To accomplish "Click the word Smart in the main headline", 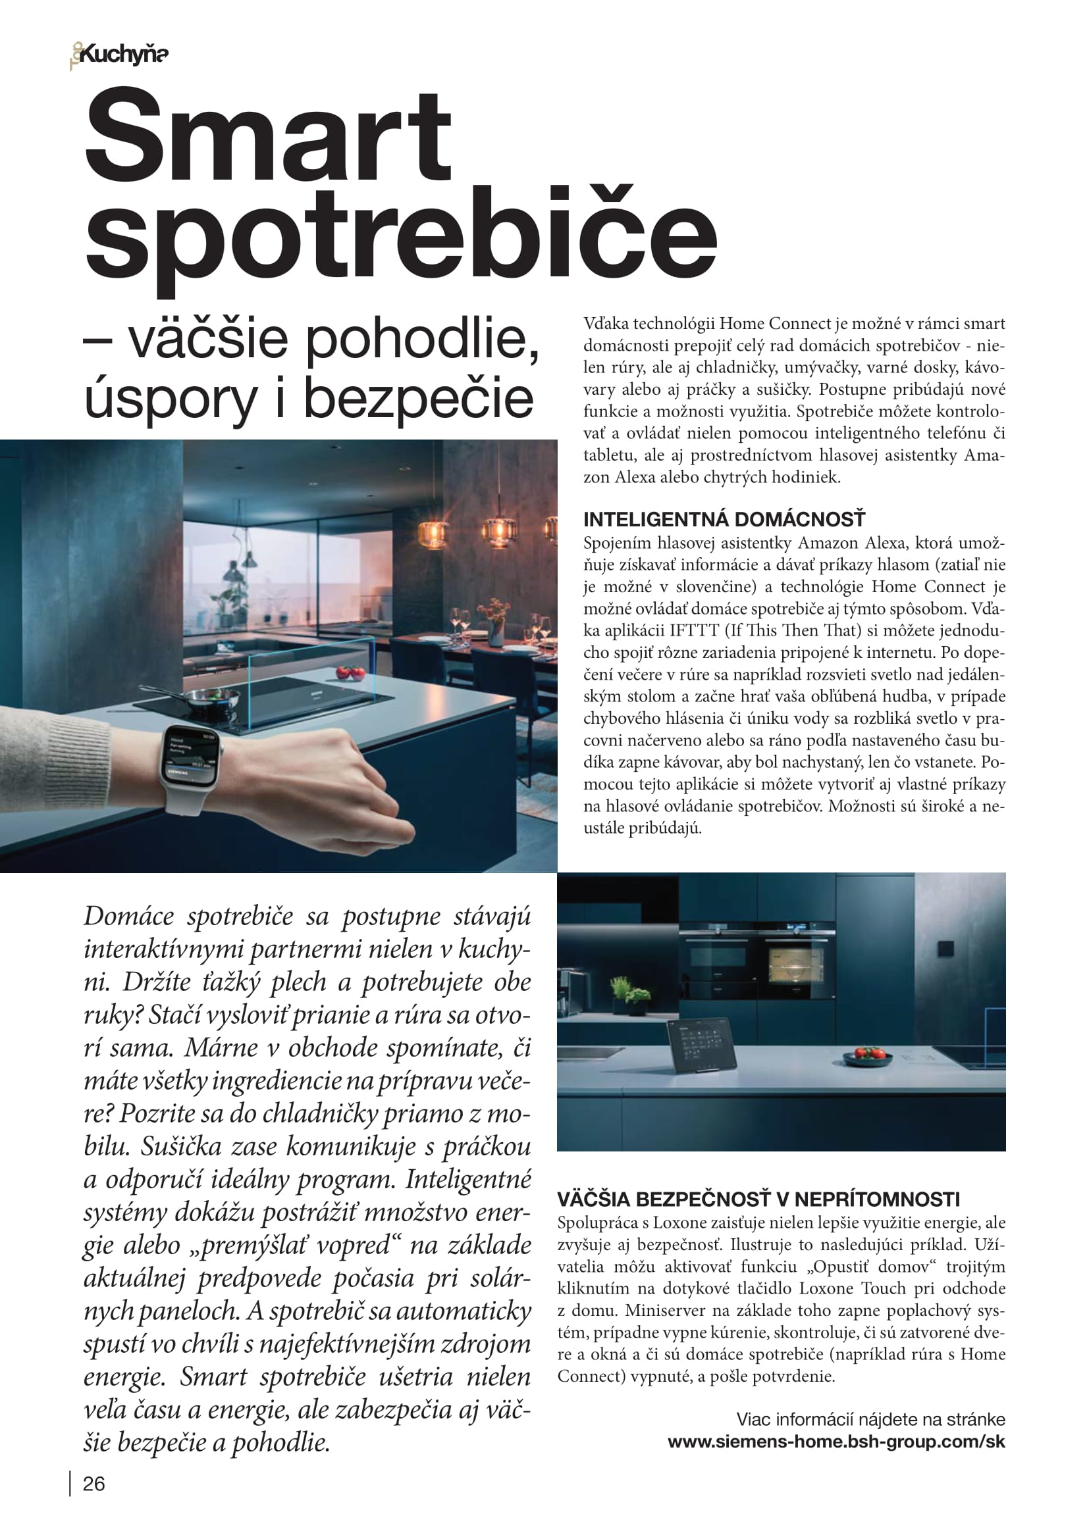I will click(x=268, y=138).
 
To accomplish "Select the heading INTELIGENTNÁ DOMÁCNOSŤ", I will click(x=724, y=520).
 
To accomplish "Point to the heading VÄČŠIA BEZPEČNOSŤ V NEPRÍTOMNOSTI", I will click(x=758, y=1199).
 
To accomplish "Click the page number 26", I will click(x=94, y=1484).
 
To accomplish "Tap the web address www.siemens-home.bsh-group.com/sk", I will click(x=836, y=1442).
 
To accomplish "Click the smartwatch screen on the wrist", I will click(x=192, y=758).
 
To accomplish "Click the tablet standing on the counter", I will click(x=701, y=1047).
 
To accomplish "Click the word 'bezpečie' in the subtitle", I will click(x=419, y=399).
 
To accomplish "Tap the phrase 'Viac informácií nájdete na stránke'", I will click(x=870, y=1419).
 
